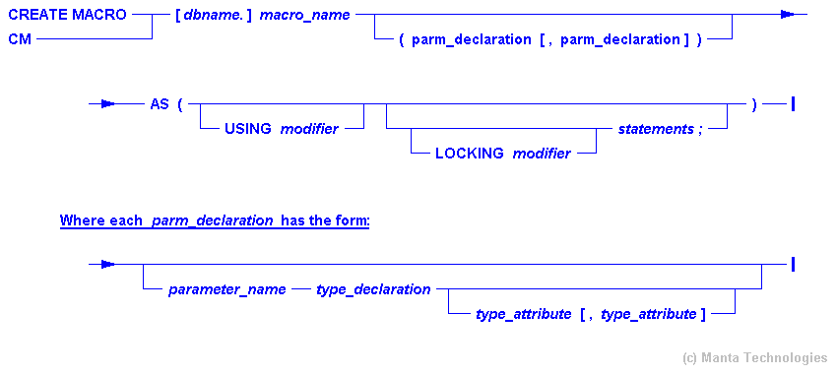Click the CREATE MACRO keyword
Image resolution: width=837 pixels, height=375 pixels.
point(67,15)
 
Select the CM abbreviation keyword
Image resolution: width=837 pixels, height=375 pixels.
point(20,38)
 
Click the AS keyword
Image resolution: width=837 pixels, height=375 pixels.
point(160,104)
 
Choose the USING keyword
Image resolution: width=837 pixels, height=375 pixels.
point(248,129)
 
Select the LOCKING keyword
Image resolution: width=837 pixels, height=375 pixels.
point(470,153)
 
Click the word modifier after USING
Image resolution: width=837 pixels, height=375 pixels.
point(310,129)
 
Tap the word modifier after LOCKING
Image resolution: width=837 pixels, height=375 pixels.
point(542,153)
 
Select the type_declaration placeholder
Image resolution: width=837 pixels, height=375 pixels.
point(373,289)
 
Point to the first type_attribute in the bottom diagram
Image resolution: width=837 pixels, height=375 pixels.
point(523,314)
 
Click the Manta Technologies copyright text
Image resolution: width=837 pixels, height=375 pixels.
point(755,358)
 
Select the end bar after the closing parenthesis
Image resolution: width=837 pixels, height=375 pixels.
point(793,104)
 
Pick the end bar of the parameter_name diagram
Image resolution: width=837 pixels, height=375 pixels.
point(793,264)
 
